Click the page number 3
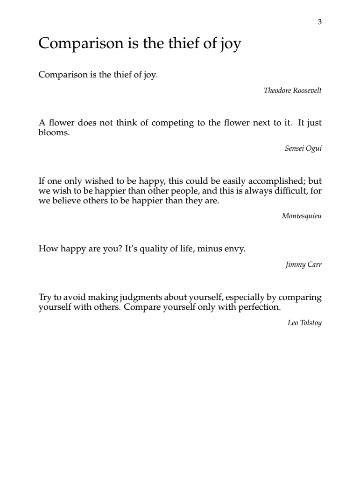[320, 22]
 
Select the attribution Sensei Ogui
[303, 149]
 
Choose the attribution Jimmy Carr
[304, 265]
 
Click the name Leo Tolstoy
[304, 324]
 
